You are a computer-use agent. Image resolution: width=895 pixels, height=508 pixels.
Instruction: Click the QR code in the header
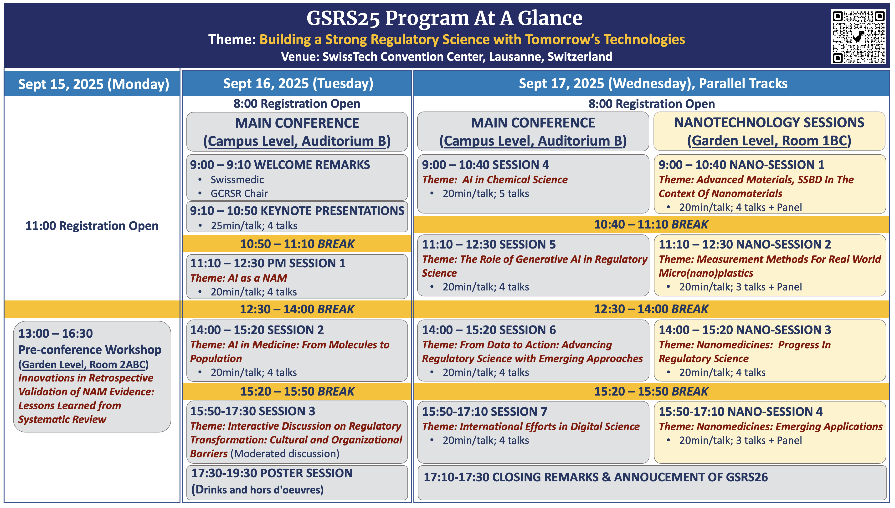pyautogui.click(x=858, y=37)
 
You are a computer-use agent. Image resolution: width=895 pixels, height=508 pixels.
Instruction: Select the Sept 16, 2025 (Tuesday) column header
pyautogui.click(x=298, y=83)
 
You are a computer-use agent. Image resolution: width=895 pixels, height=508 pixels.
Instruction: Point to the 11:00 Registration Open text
pyautogui.click(x=92, y=226)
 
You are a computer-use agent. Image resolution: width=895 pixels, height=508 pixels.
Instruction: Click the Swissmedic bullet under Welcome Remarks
pyautogui.click(x=237, y=180)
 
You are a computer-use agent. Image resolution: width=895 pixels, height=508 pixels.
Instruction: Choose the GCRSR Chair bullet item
pyautogui.click(x=239, y=194)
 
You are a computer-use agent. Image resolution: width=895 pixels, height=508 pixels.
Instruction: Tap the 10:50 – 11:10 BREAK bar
pyautogui.click(x=297, y=244)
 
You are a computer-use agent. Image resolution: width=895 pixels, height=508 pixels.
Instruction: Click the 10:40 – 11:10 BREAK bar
pyautogui.click(x=651, y=224)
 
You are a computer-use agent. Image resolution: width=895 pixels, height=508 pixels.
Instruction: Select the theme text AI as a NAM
pyautogui.click(x=238, y=278)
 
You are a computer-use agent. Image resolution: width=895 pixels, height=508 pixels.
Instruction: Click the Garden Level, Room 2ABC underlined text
pyautogui.click(x=83, y=365)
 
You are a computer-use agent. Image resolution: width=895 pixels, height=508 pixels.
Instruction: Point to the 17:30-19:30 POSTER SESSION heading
pyautogui.click(x=272, y=473)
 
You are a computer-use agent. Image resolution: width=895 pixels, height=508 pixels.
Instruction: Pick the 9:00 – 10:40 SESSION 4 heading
pyautogui.click(x=485, y=165)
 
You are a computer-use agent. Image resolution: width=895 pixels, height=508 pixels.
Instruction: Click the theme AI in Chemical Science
pyautogui.click(x=495, y=180)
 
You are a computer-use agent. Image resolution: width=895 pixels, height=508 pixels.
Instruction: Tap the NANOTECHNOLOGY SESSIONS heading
pyautogui.click(x=769, y=123)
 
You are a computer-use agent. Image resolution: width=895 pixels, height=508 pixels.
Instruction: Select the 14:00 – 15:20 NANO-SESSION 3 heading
pyautogui.click(x=745, y=330)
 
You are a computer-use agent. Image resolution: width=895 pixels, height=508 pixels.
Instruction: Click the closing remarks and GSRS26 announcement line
pyautogui.click(x=596, y=477)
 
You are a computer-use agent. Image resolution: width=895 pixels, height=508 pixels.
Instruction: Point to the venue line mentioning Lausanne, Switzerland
pyautogui.click(x=447, y=56)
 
